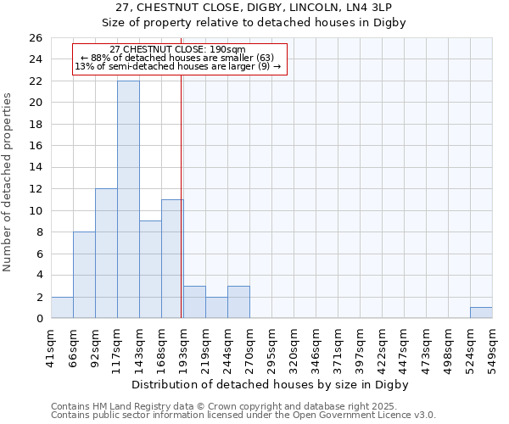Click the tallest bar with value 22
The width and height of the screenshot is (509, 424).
tap(128, 199)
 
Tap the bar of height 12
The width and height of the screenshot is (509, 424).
tap(106, 253)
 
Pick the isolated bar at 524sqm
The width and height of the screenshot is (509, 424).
tap(481, 313)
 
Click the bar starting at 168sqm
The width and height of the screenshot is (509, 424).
tap(172, 259)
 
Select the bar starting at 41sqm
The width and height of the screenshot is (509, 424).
tap(62, 308)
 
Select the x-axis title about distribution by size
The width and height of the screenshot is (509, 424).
tap(271, 384)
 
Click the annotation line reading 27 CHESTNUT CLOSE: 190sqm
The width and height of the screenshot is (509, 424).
tap(178, 49)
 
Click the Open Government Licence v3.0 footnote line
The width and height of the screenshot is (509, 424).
tap(243, 415)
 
